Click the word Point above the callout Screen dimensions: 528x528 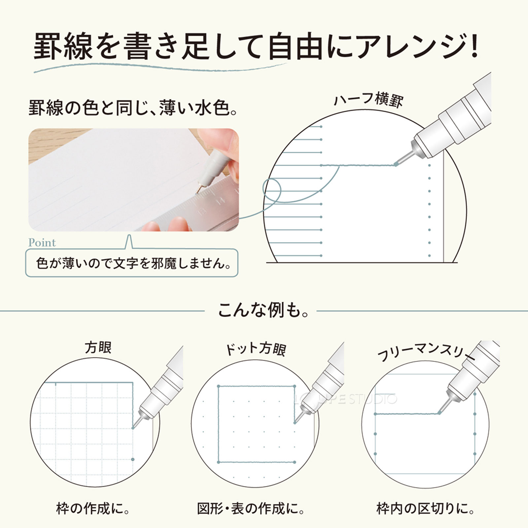click(42, 243)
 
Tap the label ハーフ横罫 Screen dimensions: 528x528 click(369, 99)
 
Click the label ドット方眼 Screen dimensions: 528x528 click(255, 349)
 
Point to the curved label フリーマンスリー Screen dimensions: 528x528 click(426, 352)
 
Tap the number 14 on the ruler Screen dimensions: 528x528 click(220, 201)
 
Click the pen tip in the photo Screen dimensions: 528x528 click(198, 191)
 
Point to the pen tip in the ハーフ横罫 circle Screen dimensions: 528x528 click(396, 164)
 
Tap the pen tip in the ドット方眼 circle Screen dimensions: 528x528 click(295, 422)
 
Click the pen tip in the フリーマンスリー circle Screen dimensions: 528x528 click(439, 412)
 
